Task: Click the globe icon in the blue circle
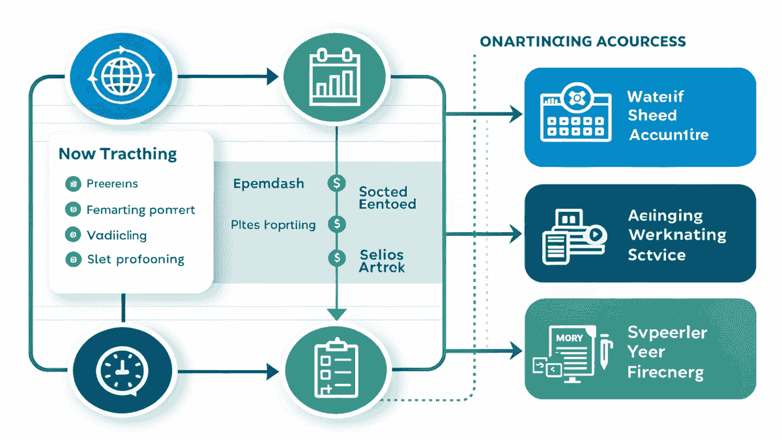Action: coord(123,77)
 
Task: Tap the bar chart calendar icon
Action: coord(336,77)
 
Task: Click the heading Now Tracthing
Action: coord(117,154)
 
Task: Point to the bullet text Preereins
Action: coord(112,184)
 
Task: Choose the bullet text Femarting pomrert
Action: coord(140,210)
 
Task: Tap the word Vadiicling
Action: coord(117,235)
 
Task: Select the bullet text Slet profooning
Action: coord(136,259)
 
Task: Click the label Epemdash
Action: coord(268,184)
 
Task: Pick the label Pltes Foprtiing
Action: coord(273,225)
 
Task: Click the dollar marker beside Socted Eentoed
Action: coord(336,184)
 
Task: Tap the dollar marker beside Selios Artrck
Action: coord(336,258)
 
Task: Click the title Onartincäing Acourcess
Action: coord(583,42)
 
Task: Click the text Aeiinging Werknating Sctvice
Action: coord(676,235)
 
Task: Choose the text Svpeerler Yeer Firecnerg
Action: coord(667,352)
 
